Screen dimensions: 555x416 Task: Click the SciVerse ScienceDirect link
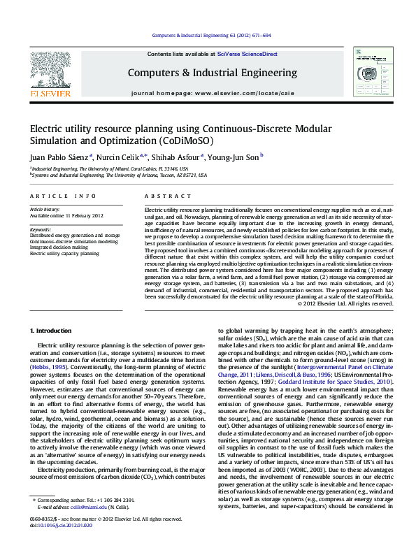coord(247,54)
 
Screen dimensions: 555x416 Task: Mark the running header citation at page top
coord(211,35)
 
